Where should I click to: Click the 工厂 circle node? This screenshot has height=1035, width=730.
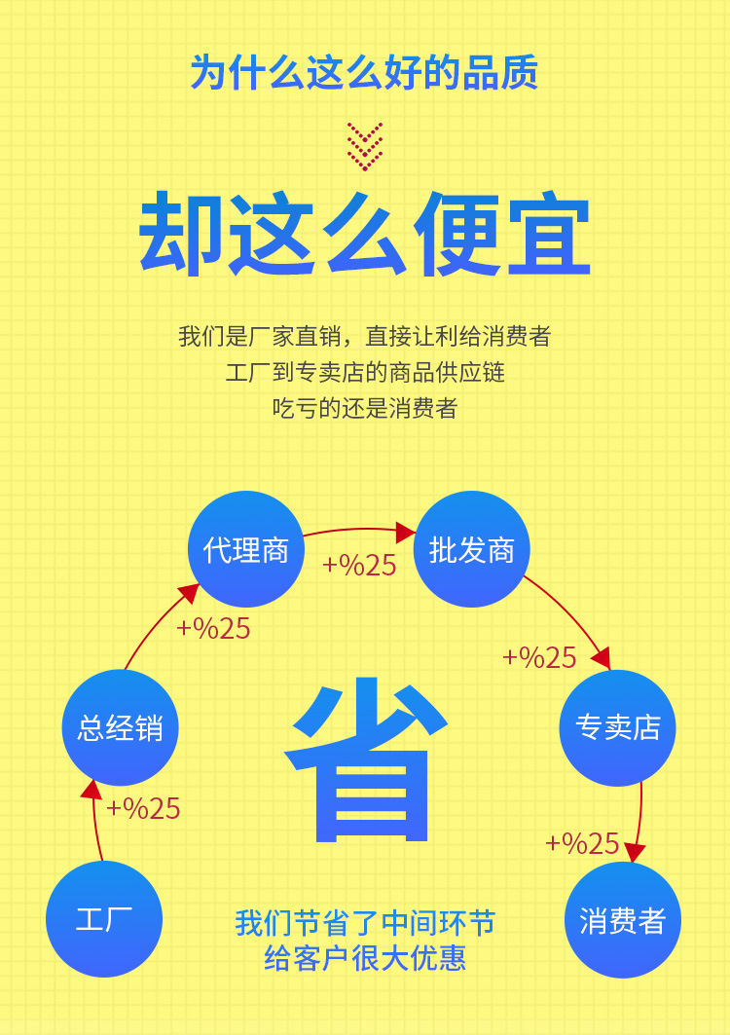pos(104,919)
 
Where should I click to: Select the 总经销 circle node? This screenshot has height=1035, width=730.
pos(121,728)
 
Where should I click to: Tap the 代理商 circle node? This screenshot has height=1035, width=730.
pos(246,550)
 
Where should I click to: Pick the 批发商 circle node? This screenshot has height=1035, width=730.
pos(472,550)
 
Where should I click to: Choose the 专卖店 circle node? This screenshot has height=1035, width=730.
pos(618,728)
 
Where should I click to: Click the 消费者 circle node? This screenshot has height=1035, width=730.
pos(623,921)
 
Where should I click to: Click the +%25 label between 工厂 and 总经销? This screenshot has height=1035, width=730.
pos(143,808)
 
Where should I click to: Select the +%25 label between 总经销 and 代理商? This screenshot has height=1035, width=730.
pos(213,628)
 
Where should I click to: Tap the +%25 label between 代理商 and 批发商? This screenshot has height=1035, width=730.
pos(359,566)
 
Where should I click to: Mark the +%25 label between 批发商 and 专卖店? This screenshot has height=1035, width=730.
pos(539,657)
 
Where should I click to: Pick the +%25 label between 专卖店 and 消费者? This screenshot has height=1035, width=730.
pos(582,843)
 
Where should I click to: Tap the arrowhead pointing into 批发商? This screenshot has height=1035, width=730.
pos(407,533)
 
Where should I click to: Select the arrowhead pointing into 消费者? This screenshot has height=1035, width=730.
pos(635,853)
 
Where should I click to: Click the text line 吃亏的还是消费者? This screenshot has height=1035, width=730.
pos(364,408)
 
